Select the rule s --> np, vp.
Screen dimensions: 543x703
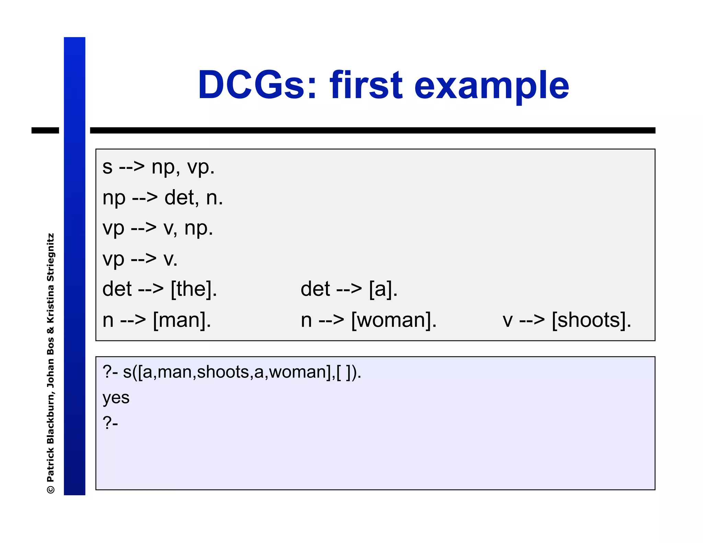(158, 167)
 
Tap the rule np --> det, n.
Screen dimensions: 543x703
(163, 198)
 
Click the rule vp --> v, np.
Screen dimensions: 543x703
(158, 228)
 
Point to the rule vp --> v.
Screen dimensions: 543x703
(140, 259)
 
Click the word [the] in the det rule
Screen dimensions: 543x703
(194, 289)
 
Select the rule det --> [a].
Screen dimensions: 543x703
(349, 289)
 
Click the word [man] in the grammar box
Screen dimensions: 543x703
(182, 320)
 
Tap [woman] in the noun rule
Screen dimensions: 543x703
(394, 320)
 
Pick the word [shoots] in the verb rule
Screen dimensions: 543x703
(591, 320)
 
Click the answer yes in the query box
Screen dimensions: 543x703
(116, 397)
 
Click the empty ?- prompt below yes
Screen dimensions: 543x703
(110, 423)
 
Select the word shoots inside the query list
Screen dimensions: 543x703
(223, 372)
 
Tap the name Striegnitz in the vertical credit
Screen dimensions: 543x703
(50, 257)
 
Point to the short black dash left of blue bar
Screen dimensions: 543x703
(45, 130)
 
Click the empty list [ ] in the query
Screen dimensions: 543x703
(344, 372)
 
